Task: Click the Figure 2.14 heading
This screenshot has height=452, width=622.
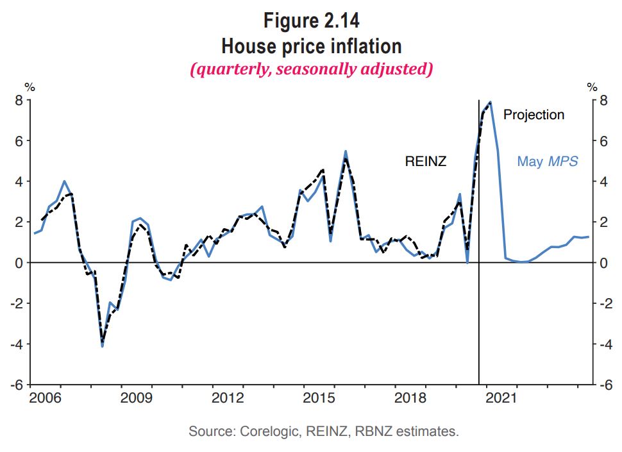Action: click(x=311, y=21)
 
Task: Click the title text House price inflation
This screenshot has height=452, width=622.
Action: click(x=311, y=46)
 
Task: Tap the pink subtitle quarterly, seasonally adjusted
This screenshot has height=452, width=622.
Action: click(x=311, y=69)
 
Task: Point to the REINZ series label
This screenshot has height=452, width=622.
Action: click(x=425, y=162)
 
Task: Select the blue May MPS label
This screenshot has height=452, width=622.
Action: click(x=548, y=162)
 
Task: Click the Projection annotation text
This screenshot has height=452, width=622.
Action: click(x=534, y=115)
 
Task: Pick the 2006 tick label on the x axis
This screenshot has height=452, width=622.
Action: click(x=45, y=398)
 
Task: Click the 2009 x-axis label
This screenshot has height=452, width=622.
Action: click(x=136, y=398)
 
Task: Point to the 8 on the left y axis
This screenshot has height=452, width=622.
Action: click(x=19, y=100)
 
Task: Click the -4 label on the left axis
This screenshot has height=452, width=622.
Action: click(x=16, y=344)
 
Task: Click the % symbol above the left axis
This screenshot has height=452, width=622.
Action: click(x=29, y=87)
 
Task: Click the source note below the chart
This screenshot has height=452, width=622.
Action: click(x=324, y=431)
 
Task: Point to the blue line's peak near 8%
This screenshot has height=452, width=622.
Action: click(x=491, y=102)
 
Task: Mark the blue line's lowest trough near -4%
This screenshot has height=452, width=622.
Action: click(x=102, y=346)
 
